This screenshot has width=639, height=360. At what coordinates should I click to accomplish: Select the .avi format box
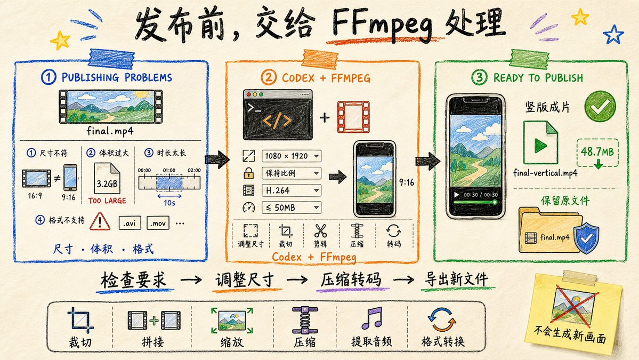pyautogui.click(x=130, y=223)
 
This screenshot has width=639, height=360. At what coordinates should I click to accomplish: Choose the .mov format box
pyautogui.click(x=158, y=223)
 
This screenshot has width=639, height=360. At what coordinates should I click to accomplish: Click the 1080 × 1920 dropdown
pyautogui.click(x=291, y=156)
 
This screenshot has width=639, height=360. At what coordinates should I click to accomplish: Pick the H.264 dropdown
pyautogui.click(x=291, y=190)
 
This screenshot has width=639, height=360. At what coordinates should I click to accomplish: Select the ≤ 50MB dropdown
pyautogui.click(x=291, y=207)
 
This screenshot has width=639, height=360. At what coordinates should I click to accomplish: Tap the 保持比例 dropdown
pyautogui.click(x=291, y=173)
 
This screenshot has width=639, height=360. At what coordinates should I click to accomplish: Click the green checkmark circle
pyautogui.click(x=600, y=106)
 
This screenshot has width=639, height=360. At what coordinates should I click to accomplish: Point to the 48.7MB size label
pyautogui.click(x=597, y=152)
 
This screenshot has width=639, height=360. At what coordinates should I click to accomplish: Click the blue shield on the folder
pyautogui.click(x=586, y=238)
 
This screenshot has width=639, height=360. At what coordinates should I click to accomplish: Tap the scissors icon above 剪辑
pyautogui.click(x=320, y=231)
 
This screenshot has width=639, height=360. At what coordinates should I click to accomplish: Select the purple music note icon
pyautogui.click(x=371, y=318)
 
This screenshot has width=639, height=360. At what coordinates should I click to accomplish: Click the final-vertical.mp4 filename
pyautogui.click(x=545, y=173)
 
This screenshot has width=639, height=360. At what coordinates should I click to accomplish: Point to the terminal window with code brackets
pyautogui.click(x=278, y=115)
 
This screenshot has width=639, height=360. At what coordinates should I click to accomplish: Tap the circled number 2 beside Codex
pyautogui.click(x=269, y=77)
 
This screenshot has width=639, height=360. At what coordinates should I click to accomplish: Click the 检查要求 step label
pyautogui.click(x=133, y=280)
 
